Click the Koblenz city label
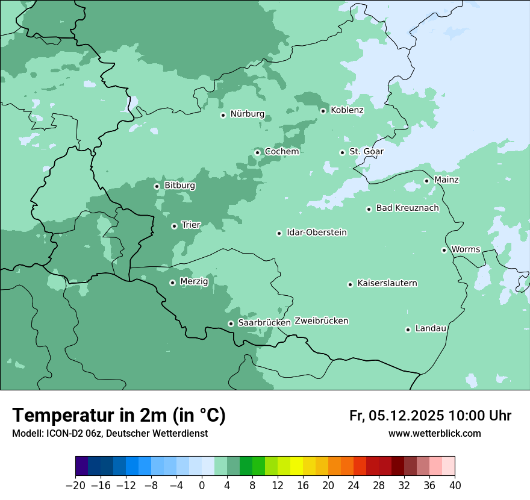(347, 110)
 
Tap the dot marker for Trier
(174, 226)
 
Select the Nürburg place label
(247, 114)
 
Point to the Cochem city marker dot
(257, 152)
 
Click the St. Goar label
(366, 152)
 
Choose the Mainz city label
(446, 180)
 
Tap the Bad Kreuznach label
(407, 208)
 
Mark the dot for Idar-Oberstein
(279, 233)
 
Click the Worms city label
(466, 249)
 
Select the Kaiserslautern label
(387, 284)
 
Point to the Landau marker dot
(408, 330)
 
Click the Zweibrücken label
(321, 321)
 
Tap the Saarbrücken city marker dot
(231, 323)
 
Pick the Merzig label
(194, 281)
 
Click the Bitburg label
(179, 186)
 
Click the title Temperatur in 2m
(119, 415)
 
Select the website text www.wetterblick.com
(434, 433)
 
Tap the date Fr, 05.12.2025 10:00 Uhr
(430, 416)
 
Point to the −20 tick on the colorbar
(75, 486)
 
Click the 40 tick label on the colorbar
(455, 486)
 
